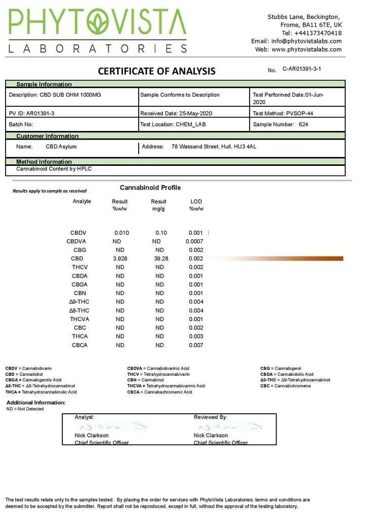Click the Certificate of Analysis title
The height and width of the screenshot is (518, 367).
click(x=156, y=71)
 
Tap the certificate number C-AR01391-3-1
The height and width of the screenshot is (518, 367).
click(x=302, y=68)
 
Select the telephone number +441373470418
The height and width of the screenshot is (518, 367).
click(x=311, y=33)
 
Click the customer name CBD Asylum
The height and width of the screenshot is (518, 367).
click(x=61, y=147)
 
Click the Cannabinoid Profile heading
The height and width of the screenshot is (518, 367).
click(x=150, y=188)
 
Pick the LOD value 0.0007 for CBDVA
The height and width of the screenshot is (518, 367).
click(x=194, y=241)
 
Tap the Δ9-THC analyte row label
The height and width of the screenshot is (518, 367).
click(x=80, y=302)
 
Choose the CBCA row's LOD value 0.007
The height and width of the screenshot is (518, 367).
click(x=195, y=345)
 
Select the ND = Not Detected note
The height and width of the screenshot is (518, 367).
click(x=25, y=409)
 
